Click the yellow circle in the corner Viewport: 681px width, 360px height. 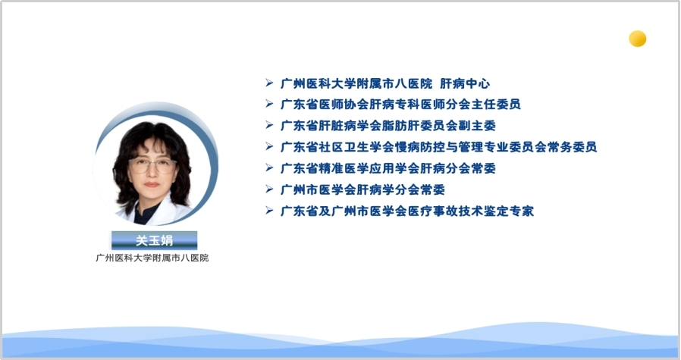pyautogui.click(x=638, y=39)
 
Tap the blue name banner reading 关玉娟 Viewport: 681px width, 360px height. pyautogui.click(x=154, y=240)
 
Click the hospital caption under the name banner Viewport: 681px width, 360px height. pyautogui.click(x=152, y=258)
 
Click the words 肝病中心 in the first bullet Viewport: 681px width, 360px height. pyautogui.click(x=465, y=83)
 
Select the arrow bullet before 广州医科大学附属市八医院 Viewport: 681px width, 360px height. pyautogui.click(x=269, y=83)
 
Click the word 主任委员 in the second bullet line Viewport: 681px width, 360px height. pyautogui.click(x=496, y=105)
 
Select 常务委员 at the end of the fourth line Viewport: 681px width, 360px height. pyautogui.click(x=572, y=147)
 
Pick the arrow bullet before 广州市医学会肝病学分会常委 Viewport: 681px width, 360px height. pyautogui.click(x=269, y=189)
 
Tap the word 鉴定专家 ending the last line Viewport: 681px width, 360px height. pyautogui.click(x=509, y=211)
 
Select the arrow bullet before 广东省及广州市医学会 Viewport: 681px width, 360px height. pyautogui.click(x=269, y=210)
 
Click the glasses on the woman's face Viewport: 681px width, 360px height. pyautogui.click(x=152, y=165)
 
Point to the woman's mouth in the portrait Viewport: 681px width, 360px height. pyautogui.click(x=152, y=185)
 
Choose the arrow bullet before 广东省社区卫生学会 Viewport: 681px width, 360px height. pyautogui.click(x=269, y=146)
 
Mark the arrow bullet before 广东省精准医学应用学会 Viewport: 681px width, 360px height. pyautogui.click(x=269, y=167)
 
